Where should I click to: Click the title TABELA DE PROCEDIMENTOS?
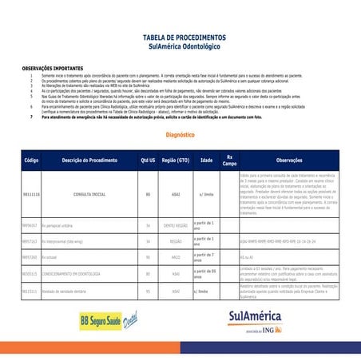180,38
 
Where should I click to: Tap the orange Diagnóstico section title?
180,136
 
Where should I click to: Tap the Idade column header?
206,161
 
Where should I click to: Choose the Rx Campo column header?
229,160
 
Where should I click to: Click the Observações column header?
288,161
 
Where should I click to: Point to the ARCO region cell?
176,258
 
